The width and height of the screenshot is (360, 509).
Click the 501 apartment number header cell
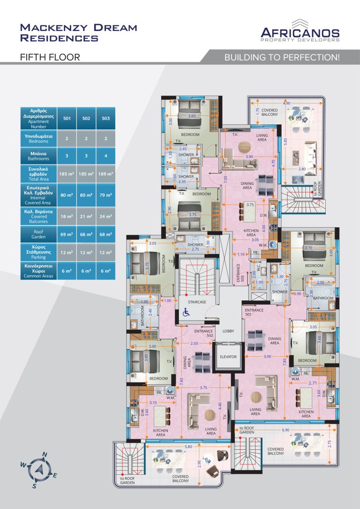(x=67, y=119)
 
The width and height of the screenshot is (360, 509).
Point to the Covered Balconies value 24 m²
(x=105, y=217)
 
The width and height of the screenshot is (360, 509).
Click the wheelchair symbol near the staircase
(x=185, y=311)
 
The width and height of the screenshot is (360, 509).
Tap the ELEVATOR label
(x=228, y=357)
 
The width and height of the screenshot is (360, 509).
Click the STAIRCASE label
(x=197, y=302)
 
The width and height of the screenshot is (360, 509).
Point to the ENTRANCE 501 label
(x=254, y=312)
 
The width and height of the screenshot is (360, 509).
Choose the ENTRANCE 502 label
(x=203, y=334)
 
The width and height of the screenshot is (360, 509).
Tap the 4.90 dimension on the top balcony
(x=286, y=103)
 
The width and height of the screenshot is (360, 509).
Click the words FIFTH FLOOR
(x=50, y=58)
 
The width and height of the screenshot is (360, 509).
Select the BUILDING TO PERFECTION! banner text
(x=282, y=58)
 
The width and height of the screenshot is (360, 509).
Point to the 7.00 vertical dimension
(x=225, y=180)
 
